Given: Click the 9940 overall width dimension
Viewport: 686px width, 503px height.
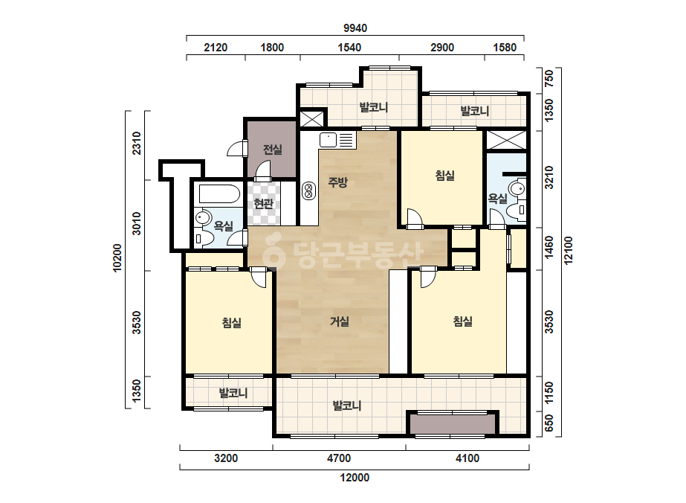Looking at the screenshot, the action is pyautogui.click(x=355, y=28).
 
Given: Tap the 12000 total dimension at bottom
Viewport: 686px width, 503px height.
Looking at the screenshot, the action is pyautogui.click(x=355, y=478).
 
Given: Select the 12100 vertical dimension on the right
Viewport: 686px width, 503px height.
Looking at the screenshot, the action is pyautogui.click(x=569, y=250).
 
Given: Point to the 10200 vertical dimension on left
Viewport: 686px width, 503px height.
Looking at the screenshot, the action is pyautogui.click(x=117, y=258).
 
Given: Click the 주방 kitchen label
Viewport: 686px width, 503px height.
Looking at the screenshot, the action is pyautogui.click(x=337, y=182).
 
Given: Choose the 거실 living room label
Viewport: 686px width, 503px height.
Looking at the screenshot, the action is pyautogui.click(x=340, y=321).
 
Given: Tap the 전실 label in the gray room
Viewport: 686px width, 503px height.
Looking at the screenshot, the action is pyautogui.click(x=272, y=150).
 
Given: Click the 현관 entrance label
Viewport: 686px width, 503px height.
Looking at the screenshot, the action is pyautogui.click(x=263, y=203).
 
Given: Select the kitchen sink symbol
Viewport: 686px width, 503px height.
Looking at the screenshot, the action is pyautogui.click(x=337, y=140).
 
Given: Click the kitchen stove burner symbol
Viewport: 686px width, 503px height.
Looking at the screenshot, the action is pyautogui.click(x=309, y=190).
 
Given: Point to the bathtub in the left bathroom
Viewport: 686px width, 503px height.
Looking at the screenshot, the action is pyautogui.click(x=219, y=194).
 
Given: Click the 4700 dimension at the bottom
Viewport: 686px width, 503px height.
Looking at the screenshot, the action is pyautogui.click(x=339, y=458).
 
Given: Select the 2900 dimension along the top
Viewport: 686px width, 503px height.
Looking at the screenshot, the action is pyautogui.click(x=442, y=48).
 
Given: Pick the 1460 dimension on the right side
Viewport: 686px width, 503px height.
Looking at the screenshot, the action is pyautogui.click(x=549, y=248).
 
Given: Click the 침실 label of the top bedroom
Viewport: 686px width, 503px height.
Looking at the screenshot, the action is pyautogui.click(x=445, y=176).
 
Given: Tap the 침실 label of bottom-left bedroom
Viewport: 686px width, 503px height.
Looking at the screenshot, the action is pyautogui.click(x=231, y=323).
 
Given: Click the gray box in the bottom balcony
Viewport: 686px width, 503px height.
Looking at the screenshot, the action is pyautogui.click(x=453, y=424).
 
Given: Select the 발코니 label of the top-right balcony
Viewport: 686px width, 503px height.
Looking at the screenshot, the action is pyautogui.click(x=475, y=111).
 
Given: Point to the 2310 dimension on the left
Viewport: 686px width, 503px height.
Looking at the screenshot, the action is pyautogui.click(x=137, y=143).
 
